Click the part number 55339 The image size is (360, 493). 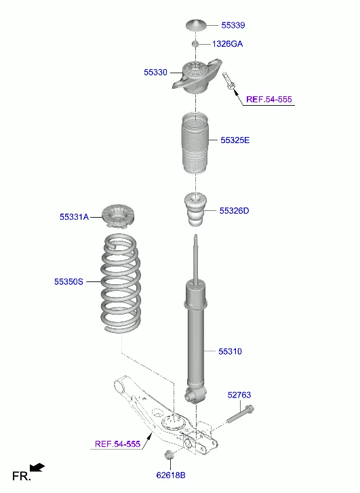[233, 25]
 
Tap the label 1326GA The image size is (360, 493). [227, 43]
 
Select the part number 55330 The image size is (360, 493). [155, 72]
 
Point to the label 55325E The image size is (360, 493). [235, 140]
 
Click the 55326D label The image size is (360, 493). [234, 211]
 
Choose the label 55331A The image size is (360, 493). [74, 217]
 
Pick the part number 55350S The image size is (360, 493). [68, 281]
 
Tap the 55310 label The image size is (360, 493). [230, 351]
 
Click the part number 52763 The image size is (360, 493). [239, 395]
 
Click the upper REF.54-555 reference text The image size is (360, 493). [269, 100]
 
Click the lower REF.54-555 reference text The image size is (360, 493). [117, 444]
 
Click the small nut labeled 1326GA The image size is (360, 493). [195, 43]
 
